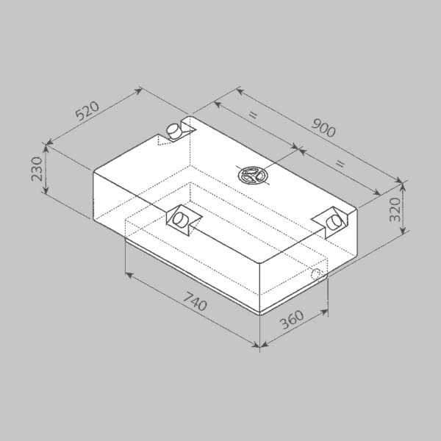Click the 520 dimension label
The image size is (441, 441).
(x=87, y=110)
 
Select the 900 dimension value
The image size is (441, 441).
(x=323, y=128)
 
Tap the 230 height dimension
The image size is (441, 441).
(x=37, y=169)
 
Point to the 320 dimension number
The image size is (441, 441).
(x=395, y=209)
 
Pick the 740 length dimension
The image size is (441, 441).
(x=195, y=301)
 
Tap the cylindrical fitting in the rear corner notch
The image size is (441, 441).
(x=174, y=131)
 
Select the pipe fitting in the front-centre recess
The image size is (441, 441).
(x=180, y=220)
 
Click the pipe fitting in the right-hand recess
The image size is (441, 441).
(x=334, y=223)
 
